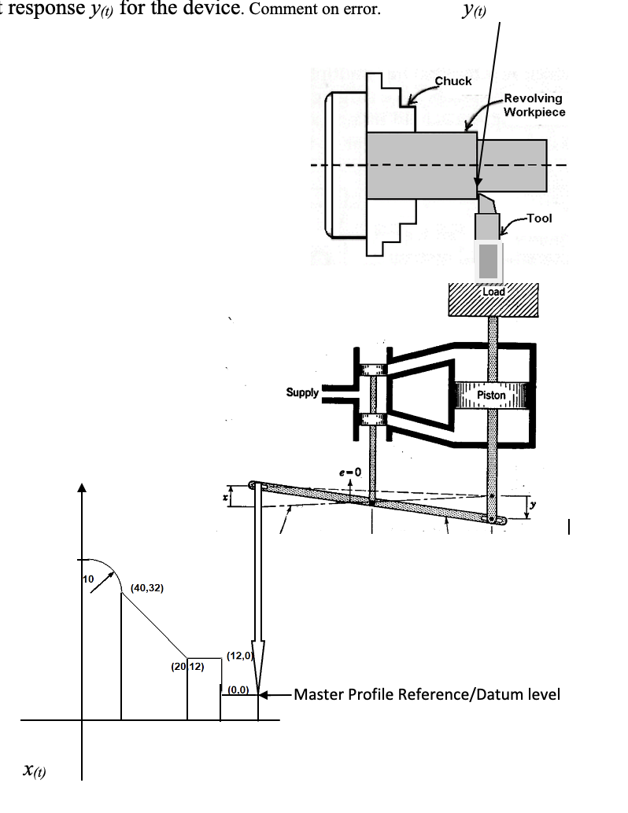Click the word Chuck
(453, 81)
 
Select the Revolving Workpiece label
(534, 105)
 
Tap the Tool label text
(539, 218)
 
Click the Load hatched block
(493, 300)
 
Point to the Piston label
(491, 395)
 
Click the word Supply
(302, 392)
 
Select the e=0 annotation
(349, 471)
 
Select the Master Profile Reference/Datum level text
(427, 694)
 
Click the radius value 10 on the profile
(89, 579)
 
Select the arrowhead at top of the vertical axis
(81, 487)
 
